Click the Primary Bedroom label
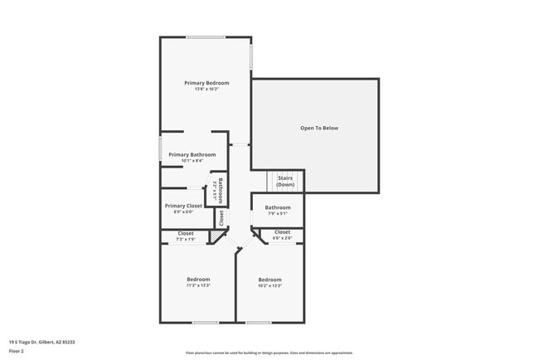click(206, 83)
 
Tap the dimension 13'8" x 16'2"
click(206, 90)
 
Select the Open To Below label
click(319, 129)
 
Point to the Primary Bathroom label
click(192, 154)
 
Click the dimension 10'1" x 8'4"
click(192, 161)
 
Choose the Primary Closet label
click(183, 206)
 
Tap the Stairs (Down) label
click(285, 181)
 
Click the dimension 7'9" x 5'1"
click(278, 214)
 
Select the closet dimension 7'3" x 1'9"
click(186, 240)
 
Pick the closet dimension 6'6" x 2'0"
click(282, 238)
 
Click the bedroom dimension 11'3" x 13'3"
click(198, 285)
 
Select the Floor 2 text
click(17, 352)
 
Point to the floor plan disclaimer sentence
click(269, 353)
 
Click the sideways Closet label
click(221, 218)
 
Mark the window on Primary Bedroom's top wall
click(205, 36)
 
